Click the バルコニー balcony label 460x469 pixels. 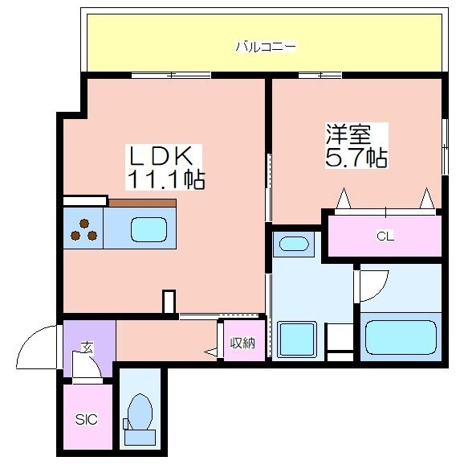(x=266, y=47)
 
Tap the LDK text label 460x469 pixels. (x=161, y=155)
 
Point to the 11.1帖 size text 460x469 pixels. (x=166, y=179)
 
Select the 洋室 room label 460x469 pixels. (x=348, y=134)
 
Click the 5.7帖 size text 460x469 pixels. (x=356, y=157)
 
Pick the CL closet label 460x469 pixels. (x=385, y=237)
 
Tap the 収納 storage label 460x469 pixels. (x=242, y=343)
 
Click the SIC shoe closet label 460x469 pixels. (x=86, y=419)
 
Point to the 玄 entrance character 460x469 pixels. (x=88, y=348)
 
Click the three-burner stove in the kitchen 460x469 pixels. (x=83, y=229)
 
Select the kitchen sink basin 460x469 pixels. (x=149, y=229)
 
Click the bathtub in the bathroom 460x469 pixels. (x=401, y=336)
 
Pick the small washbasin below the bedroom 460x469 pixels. (x=294, y=244)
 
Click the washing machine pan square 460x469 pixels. (x=297, y=339)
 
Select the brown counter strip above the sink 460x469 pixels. (x=142, y=203)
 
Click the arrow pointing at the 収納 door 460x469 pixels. (x=211, y=352)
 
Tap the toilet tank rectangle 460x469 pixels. (x=140, y=438)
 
